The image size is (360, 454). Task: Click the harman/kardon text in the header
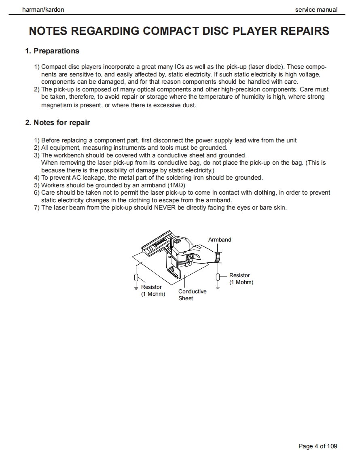(x=43, y=10)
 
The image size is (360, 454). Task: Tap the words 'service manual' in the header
(x=316, y=10)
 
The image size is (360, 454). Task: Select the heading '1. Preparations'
(x=52, y=51)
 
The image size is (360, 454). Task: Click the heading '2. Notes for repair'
(x=57, y=123)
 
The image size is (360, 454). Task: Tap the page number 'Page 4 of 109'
(x=318, y=446)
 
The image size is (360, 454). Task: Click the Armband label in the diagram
(x=220, y=240)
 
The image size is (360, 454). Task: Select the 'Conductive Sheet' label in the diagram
(x=192, y=295)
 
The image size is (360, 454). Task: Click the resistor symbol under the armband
(x=218, y=277)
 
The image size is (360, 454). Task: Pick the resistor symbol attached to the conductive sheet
(x=137, y=278)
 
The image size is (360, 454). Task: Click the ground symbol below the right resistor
(x=218, y=287)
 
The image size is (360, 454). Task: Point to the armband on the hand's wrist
(x=218, y=257)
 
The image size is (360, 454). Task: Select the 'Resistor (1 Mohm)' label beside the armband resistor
(x=241, y=279)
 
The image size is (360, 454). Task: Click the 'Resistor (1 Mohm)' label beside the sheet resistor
(x=153, y=291)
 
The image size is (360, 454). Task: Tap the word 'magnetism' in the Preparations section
(x=56, y=105)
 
